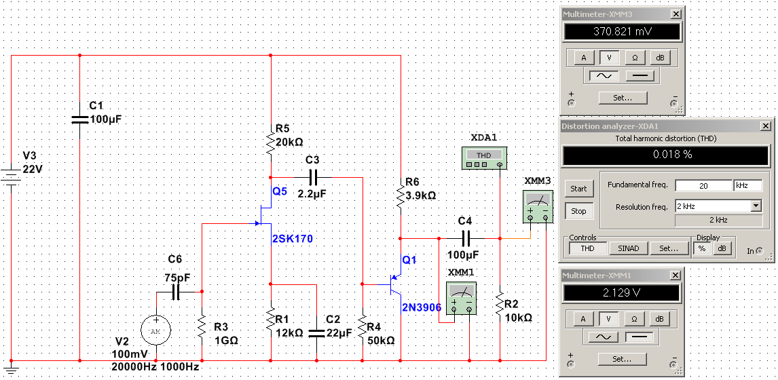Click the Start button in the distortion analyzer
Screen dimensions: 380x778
pos(578,189)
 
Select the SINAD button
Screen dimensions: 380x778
pos(629,248)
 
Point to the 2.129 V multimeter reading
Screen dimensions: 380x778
pos(622,292)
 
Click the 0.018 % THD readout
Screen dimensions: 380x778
pos(663,155)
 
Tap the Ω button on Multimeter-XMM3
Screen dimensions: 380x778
pos(635,58)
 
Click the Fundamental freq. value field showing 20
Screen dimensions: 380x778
pos(703,185)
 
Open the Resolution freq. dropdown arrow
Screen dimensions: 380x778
pos(756,206)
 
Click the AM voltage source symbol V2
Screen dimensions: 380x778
pos(156,330)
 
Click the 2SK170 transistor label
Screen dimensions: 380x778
pos(293,239)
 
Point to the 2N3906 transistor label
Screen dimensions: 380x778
pos(421,307)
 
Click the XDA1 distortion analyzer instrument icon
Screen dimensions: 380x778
pos(483,159)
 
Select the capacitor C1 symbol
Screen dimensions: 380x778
pos(80,119)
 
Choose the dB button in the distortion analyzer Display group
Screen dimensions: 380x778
pos(722,248)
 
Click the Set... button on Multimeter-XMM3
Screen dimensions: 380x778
pos(622,98)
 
